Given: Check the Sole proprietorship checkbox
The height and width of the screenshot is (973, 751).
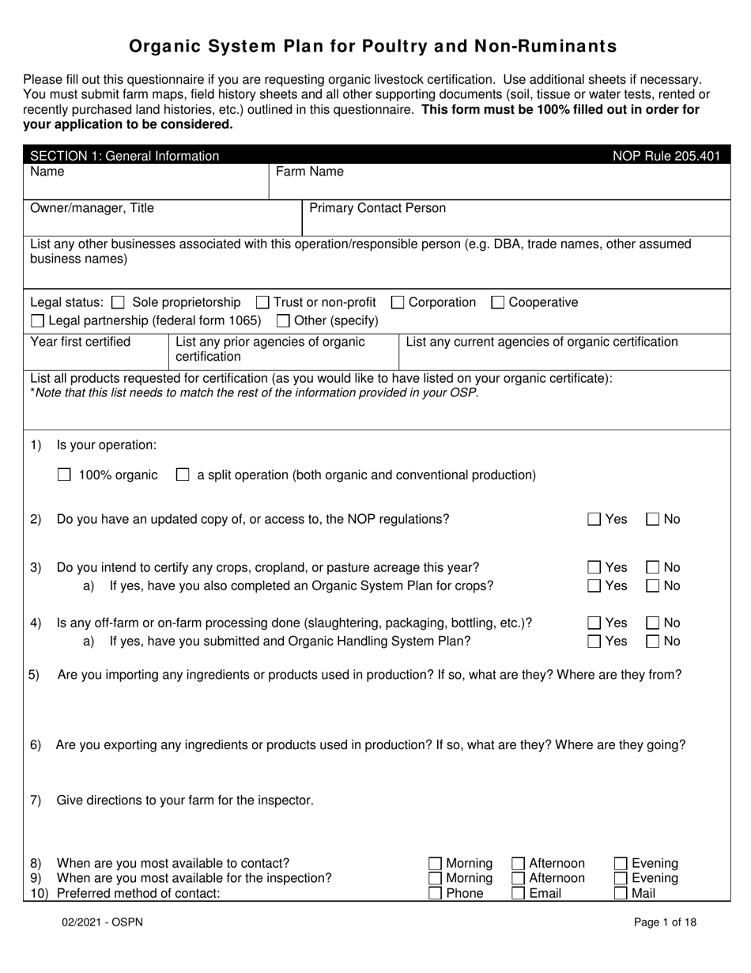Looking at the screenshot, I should coord(119,302).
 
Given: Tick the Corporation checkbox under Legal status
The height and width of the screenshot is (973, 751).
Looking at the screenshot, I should coord(398,302).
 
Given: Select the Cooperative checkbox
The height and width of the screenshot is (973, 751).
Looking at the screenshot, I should coord(498,302).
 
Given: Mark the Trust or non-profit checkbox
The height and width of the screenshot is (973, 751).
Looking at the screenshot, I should coord(262,302).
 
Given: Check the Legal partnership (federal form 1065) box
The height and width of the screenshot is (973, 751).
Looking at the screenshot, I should coord(37,321).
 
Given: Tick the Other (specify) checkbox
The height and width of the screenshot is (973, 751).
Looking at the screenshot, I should coord(282,321).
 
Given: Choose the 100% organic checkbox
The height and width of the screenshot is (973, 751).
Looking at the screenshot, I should coord(65,475).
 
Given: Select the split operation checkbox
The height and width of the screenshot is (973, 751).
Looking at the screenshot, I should coord(183,475).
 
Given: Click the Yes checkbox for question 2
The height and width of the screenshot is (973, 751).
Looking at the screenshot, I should coord(594,520).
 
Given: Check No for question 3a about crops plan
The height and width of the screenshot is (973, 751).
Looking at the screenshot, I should coord(653,586).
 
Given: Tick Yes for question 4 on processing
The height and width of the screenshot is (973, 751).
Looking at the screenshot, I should coord(594,623).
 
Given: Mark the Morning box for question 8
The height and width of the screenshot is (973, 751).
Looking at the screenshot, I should coord(435,864).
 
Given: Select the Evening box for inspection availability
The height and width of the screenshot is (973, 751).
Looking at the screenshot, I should coord(621,879).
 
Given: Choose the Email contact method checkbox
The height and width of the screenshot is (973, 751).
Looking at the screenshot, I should coord(519,894).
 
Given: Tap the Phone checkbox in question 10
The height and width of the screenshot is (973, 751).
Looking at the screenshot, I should coord(435,894).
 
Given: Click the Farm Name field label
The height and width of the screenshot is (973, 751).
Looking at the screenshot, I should coord(309,172).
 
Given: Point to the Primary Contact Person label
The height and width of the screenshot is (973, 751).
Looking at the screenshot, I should coord(377,208).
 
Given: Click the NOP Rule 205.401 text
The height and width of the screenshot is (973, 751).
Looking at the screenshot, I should coord(666,156).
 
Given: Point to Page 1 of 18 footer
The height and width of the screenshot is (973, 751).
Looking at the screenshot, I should coord(665,922).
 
